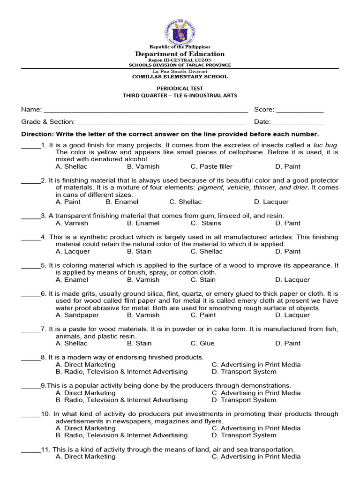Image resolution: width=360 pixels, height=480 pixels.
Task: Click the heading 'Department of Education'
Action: pos(180,54)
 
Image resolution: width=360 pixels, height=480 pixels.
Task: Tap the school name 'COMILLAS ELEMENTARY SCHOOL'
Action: pos(180,76)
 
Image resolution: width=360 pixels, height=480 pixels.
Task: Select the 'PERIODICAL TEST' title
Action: pos(180,88)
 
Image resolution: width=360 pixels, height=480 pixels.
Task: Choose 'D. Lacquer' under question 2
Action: pos(271,202)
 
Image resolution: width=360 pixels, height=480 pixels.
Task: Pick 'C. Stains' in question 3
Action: pos(206,223)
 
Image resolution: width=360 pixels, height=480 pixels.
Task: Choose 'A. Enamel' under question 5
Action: pos(72,280)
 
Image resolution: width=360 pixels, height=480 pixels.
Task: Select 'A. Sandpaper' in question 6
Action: pos(77,315)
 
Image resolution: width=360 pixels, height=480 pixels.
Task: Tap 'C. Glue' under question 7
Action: pos(202,343)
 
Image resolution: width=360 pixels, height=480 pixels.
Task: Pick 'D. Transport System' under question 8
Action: pos(244,372)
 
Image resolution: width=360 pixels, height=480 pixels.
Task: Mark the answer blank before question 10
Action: pos(31,415)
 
